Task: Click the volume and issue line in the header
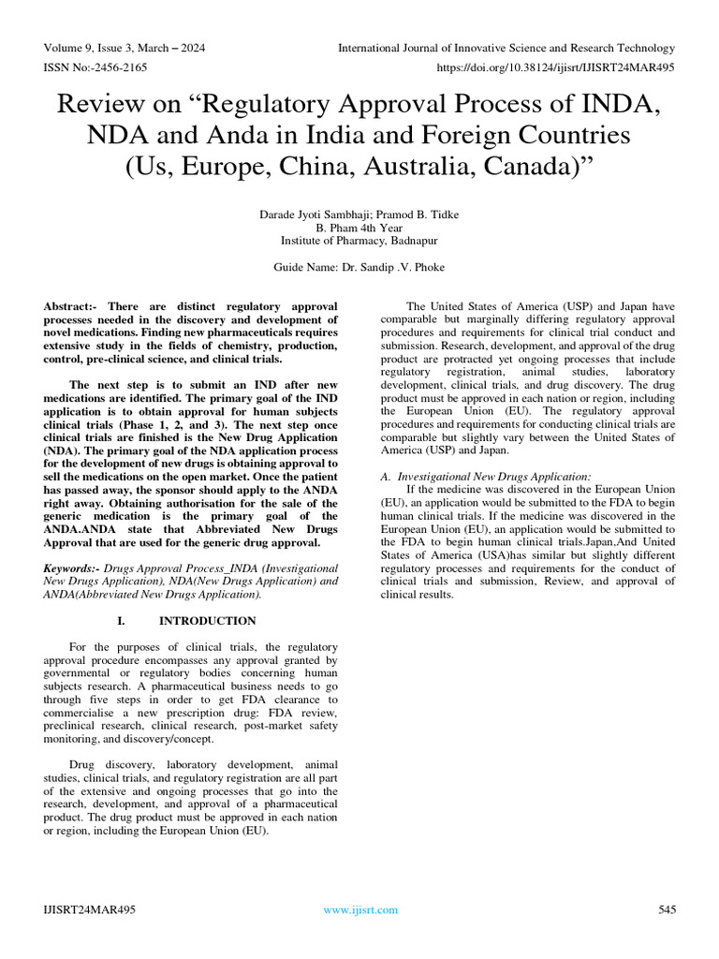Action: pos(125,48)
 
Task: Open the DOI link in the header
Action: pos(556,67)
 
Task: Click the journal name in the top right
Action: pos(506,48)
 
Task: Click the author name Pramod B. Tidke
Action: pos(408,214)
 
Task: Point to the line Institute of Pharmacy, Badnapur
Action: pos(359,241)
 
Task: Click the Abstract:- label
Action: pos(74,307)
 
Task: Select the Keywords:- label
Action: pos(73,568)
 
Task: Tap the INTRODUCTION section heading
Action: pos(207,621)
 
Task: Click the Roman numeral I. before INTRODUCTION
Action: pos(121,621)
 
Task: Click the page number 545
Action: pos(666,909)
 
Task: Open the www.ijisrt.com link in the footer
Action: pos(359,909)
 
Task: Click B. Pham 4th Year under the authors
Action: pos(359,228)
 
